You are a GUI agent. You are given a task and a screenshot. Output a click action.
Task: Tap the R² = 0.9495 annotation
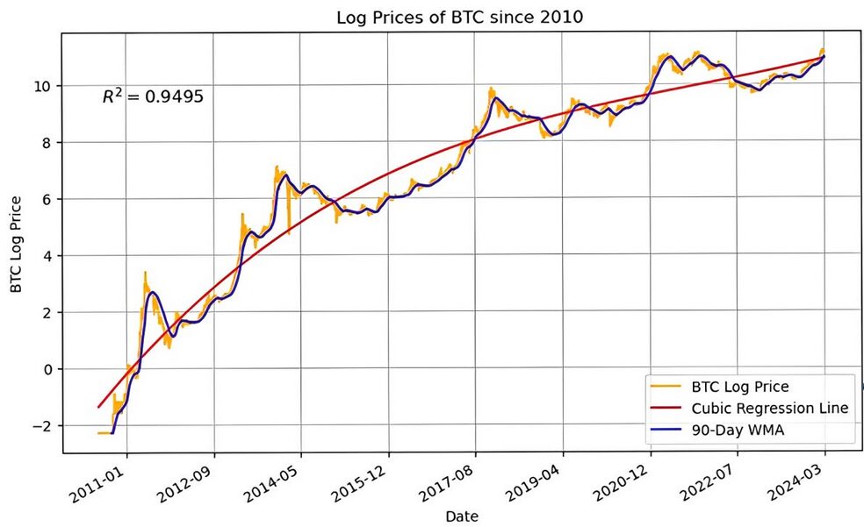[x=153, y=96]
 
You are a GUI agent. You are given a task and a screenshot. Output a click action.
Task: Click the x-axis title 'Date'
[x=461, y=516]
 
